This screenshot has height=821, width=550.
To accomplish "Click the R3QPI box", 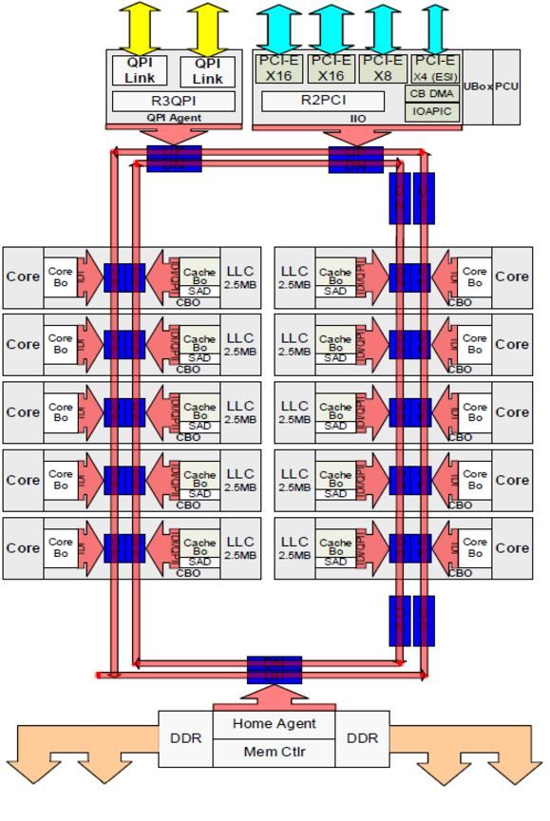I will coord(174,101).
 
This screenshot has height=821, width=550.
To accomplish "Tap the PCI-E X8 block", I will coord(382,69).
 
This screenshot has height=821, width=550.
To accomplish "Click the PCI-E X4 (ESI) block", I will coord(434,69).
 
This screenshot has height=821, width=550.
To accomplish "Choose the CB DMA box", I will coord(433,94).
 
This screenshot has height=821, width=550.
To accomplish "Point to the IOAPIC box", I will coord(433,112).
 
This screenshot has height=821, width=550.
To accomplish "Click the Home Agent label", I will coord(275,724).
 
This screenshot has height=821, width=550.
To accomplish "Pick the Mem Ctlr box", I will coord(275,754).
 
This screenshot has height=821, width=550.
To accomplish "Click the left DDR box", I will coord(185,738).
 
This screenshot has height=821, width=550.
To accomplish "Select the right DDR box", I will coord(363,738).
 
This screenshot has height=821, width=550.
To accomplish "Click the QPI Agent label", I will coord(174,119).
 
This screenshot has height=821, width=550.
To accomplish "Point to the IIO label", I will coord(357,119).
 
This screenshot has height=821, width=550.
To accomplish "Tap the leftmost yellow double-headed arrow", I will coord(140,28).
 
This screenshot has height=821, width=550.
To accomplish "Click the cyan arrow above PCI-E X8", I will coord(382,28).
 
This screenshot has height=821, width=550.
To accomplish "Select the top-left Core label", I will coord(23,277).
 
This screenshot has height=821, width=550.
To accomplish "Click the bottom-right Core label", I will coord(512,548).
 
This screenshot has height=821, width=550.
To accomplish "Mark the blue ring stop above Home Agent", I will coord(275,669).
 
